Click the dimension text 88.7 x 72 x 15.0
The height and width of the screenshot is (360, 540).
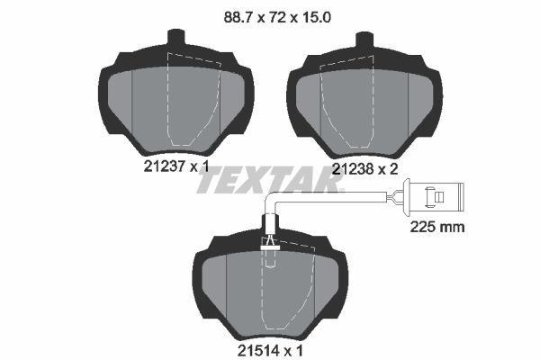(x=269, y=14)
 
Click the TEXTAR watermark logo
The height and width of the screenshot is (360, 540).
(x=270, y=180)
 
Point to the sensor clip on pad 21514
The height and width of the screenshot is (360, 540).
(x=269, y=241)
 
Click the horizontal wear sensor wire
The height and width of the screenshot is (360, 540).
(x=333, y=197)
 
